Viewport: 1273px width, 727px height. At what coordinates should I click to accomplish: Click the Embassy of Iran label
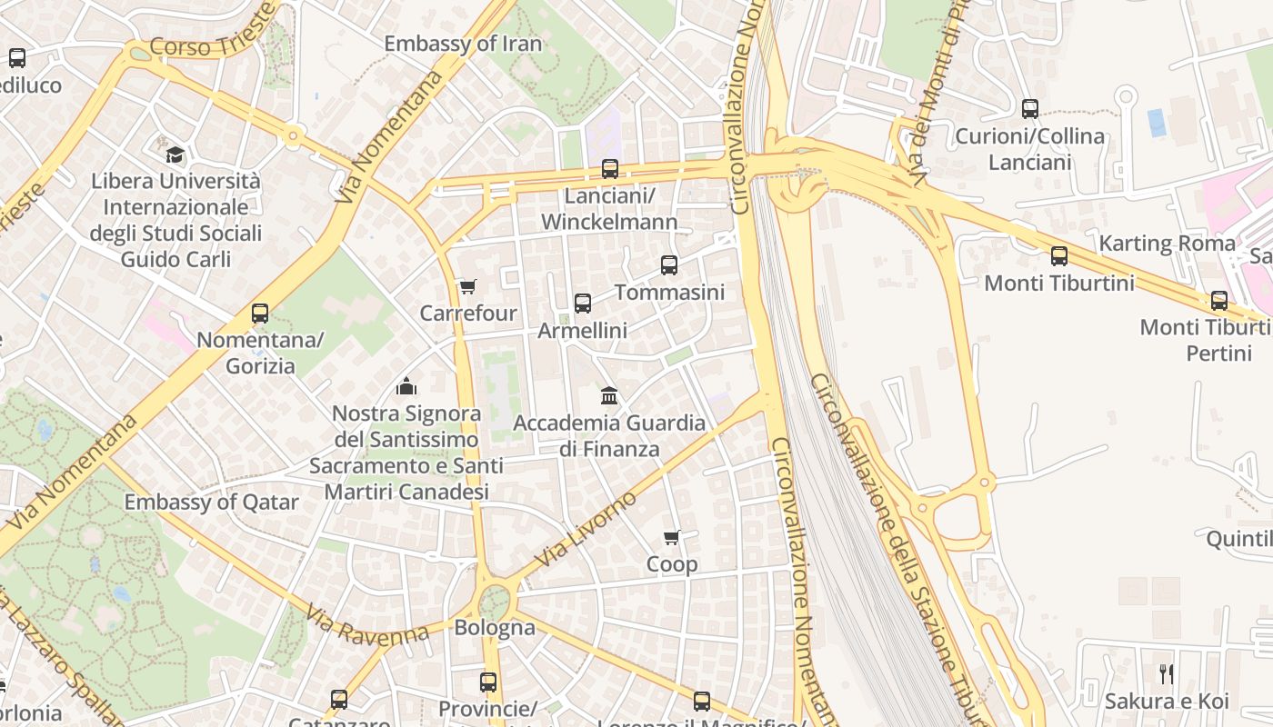click(462, 44)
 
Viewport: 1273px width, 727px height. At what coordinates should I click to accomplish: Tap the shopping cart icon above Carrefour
click(467, 287)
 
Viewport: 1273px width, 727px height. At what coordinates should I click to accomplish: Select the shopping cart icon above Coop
click(672, 538)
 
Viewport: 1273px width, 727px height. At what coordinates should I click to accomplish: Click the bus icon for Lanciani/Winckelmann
click(610, 169)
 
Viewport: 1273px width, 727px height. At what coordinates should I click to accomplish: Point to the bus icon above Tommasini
click(669, 265)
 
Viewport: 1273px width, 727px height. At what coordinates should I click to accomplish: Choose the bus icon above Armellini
click(583, 304)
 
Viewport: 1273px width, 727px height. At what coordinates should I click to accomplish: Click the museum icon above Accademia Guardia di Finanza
click(609, 396)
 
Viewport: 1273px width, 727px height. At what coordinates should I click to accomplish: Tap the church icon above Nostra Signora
click(406, 386)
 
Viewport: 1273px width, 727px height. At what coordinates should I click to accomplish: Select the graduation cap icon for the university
click(175, 154)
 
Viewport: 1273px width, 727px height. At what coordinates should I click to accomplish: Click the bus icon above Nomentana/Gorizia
click(260, 314)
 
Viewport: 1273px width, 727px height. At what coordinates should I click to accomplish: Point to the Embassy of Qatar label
click(211, 502)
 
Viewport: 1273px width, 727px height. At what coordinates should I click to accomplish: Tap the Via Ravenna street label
click(367, 626)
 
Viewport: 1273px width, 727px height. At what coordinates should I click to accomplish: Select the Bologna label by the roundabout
click(495, 627)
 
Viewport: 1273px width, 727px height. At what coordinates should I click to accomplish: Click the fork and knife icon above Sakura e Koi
click(1167, 674)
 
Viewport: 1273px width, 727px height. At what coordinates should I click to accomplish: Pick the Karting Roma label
click(1168, 244)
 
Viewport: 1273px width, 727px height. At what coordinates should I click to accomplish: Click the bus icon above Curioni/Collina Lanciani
click(1030, 109)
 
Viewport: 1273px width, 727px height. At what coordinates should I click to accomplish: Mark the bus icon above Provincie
click(488, 682)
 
